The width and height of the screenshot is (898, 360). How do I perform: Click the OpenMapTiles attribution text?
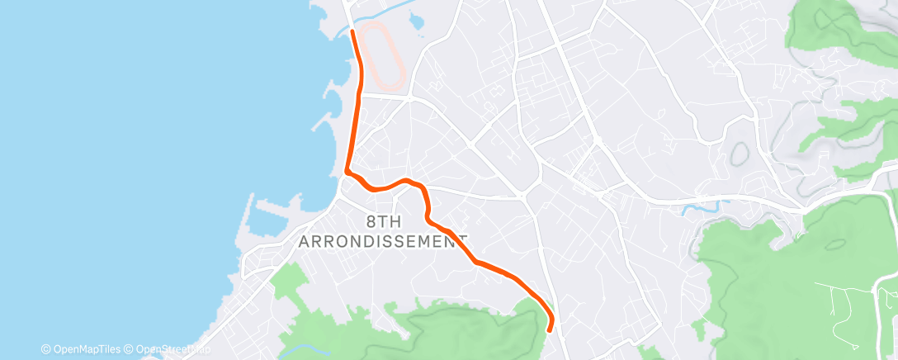[x=81, y=348]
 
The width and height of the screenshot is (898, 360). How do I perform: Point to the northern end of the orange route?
[x=353, y=31]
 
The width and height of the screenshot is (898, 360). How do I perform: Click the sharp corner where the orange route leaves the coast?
[x=347, y=172]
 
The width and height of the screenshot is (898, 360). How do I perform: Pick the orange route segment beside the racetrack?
[x=360, y=74]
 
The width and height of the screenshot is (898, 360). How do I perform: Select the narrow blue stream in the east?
[x=702, y=204]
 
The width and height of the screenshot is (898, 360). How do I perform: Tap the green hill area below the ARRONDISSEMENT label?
[x=462, y=326]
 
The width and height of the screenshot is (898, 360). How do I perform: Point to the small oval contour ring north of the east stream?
[x=740, y=153]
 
